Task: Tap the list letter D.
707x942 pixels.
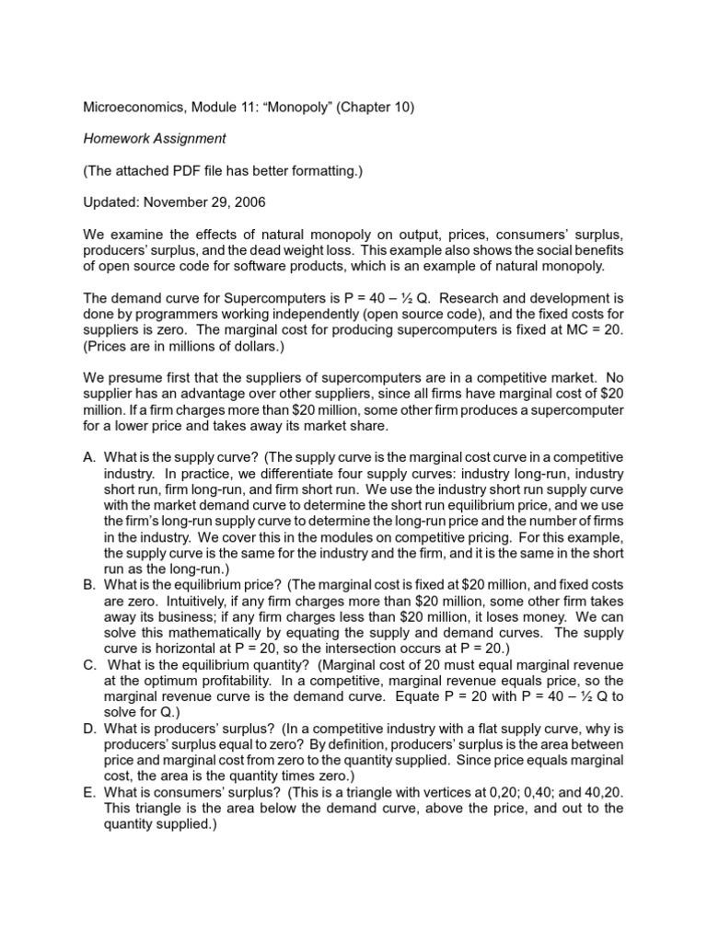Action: point(87,727)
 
